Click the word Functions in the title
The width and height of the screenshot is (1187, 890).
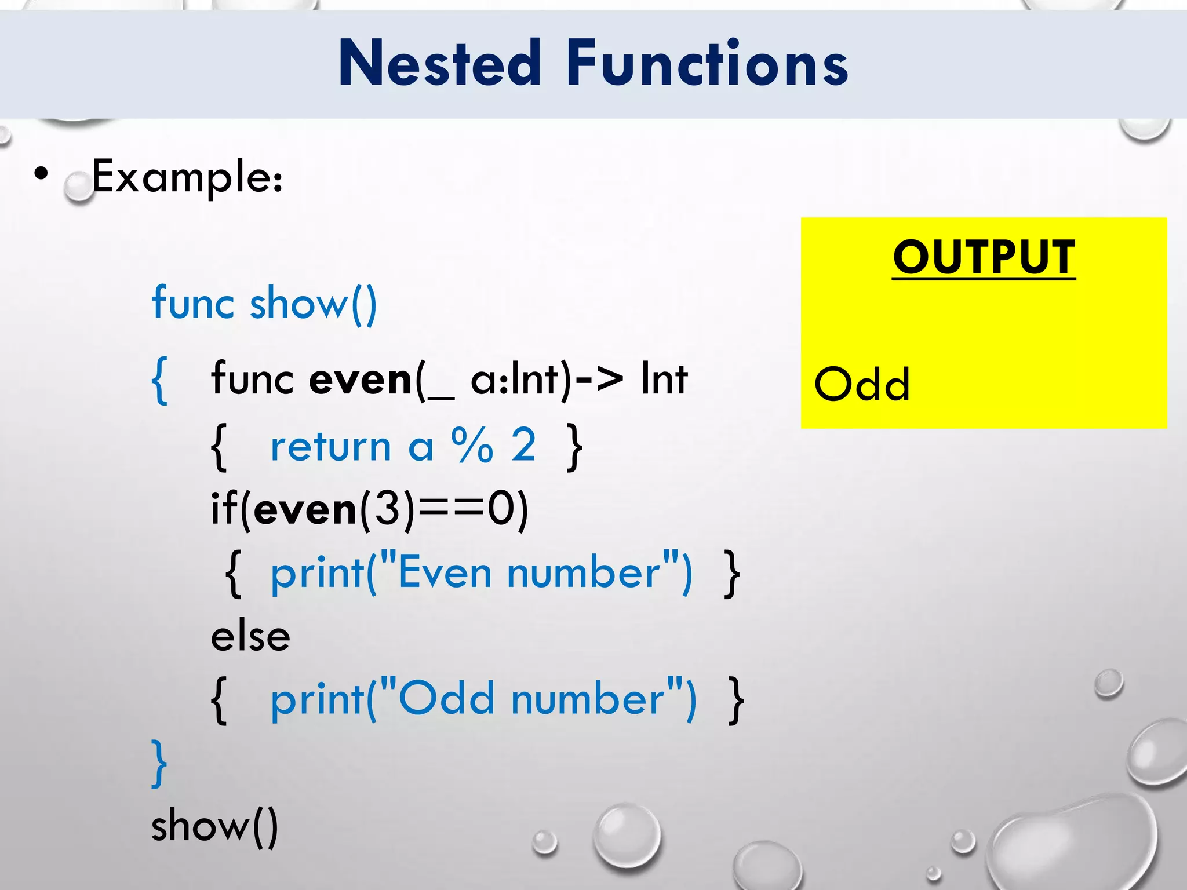[707, 64]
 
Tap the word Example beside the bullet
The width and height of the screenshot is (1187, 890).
[187, 176]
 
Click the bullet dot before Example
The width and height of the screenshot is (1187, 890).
[41, 173]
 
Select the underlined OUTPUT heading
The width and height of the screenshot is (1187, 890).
[984, 257]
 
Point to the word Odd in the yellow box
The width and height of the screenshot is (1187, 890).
[862, 384]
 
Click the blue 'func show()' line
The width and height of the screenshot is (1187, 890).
[264, 304]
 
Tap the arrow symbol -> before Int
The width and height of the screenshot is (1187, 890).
[599, 380]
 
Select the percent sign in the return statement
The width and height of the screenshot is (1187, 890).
[472, 446]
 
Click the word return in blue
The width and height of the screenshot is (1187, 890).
[331, 447]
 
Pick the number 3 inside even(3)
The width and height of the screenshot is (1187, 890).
[387, 509]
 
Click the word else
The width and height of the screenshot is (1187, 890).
[250, 636]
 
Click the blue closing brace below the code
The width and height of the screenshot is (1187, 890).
[159, 763]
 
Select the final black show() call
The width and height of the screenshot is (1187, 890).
[214, 826]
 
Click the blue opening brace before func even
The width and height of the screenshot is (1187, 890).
[160, 381]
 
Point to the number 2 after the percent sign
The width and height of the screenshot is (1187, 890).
[523, 445]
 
